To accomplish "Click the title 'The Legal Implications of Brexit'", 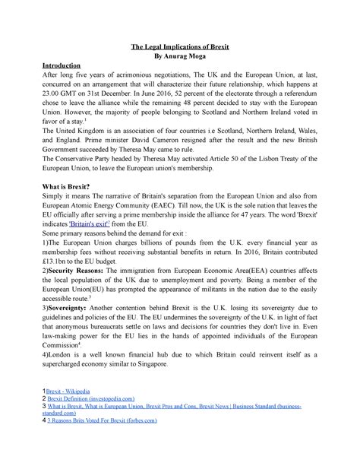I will coord(181,47).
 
